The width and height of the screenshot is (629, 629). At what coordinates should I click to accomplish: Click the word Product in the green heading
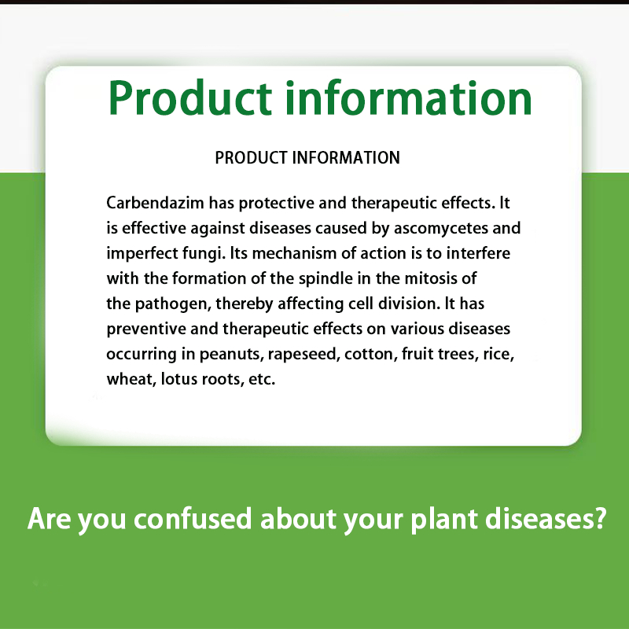190,99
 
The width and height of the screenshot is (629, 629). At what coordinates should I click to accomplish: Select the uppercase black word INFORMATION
346,158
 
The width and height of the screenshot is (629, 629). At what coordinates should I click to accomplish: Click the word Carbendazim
155,203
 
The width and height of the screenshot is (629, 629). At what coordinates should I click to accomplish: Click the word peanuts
231,355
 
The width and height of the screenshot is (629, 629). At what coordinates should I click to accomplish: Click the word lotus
178,379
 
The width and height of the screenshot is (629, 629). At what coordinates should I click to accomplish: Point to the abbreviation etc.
262,380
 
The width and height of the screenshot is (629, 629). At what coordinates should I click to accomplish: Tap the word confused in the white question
193,519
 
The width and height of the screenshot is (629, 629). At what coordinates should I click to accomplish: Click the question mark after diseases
600,518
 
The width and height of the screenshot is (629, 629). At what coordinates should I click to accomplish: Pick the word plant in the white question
444,520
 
